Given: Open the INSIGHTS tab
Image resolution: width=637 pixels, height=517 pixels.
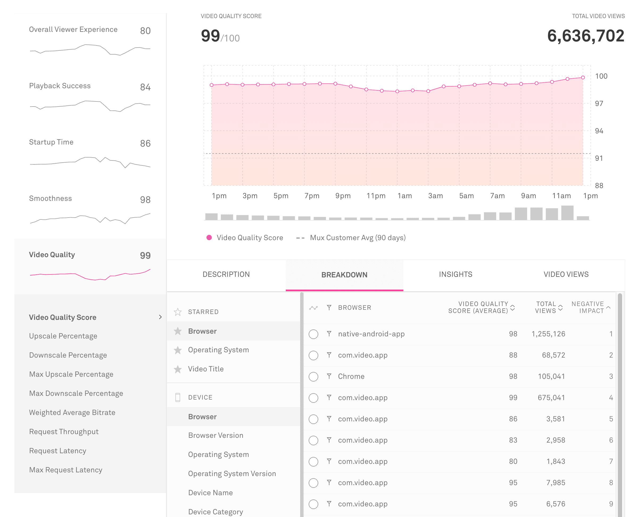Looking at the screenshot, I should [455, 274].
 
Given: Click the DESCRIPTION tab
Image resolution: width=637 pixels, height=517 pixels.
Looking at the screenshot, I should [226, 274].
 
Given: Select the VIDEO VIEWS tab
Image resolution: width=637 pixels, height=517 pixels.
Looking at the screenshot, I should [566, 274].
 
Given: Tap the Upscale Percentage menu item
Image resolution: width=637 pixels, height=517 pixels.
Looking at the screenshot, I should [63, 336].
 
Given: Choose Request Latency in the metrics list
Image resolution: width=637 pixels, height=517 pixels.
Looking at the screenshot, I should [57, 451].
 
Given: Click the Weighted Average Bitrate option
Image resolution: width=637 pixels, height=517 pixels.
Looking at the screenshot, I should [72, 413].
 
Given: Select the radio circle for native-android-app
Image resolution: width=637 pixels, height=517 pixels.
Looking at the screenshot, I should [313, 334].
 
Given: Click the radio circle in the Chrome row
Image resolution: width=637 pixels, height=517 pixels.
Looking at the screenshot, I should [313, 377].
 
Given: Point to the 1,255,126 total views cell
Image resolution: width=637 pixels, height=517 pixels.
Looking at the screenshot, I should [548, 334].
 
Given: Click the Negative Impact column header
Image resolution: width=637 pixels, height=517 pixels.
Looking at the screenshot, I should [588, 307].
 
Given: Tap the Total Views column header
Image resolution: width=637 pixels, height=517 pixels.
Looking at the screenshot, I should [546, 307].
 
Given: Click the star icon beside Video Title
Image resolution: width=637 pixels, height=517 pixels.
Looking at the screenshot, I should [178, 369].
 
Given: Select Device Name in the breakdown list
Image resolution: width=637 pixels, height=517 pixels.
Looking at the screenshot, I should [210, 493].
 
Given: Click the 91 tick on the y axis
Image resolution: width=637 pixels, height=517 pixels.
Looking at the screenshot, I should [599, 158].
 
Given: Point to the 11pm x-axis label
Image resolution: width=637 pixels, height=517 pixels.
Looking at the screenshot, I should [376, 196].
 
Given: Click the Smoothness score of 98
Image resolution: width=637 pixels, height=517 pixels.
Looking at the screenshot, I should [145, 200].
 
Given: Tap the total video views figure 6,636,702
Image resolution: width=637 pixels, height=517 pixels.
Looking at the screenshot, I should [585, 36].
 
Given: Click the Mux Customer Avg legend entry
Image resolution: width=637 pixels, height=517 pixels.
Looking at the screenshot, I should [358, 238].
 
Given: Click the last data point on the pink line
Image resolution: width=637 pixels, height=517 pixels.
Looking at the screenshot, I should [583, 77].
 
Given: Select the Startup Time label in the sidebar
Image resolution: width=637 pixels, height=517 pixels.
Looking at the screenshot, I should [51, 142].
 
